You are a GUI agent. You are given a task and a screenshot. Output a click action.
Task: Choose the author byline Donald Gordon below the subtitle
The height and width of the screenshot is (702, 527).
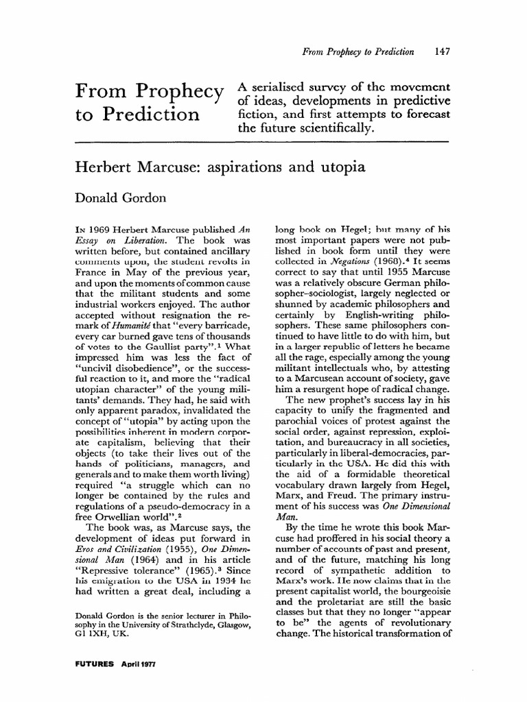click(121, 199)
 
